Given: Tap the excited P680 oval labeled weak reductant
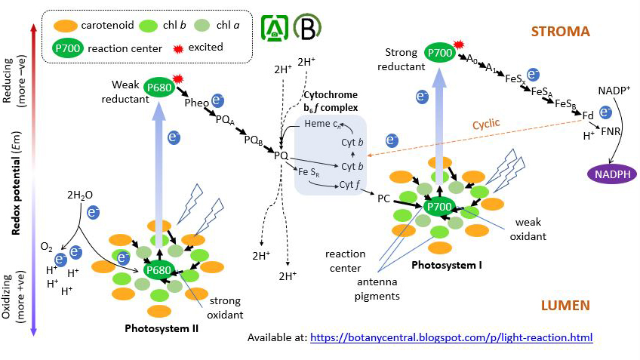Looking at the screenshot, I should (159, 87).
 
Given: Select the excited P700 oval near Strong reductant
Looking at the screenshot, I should (440, 53).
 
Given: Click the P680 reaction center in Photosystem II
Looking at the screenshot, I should (159, 270).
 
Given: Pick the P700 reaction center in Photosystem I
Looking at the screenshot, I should (439, 207).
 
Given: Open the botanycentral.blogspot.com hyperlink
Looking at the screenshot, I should (451, 337).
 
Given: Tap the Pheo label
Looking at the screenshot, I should (197, 103).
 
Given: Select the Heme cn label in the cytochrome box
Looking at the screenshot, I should (322, 123).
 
